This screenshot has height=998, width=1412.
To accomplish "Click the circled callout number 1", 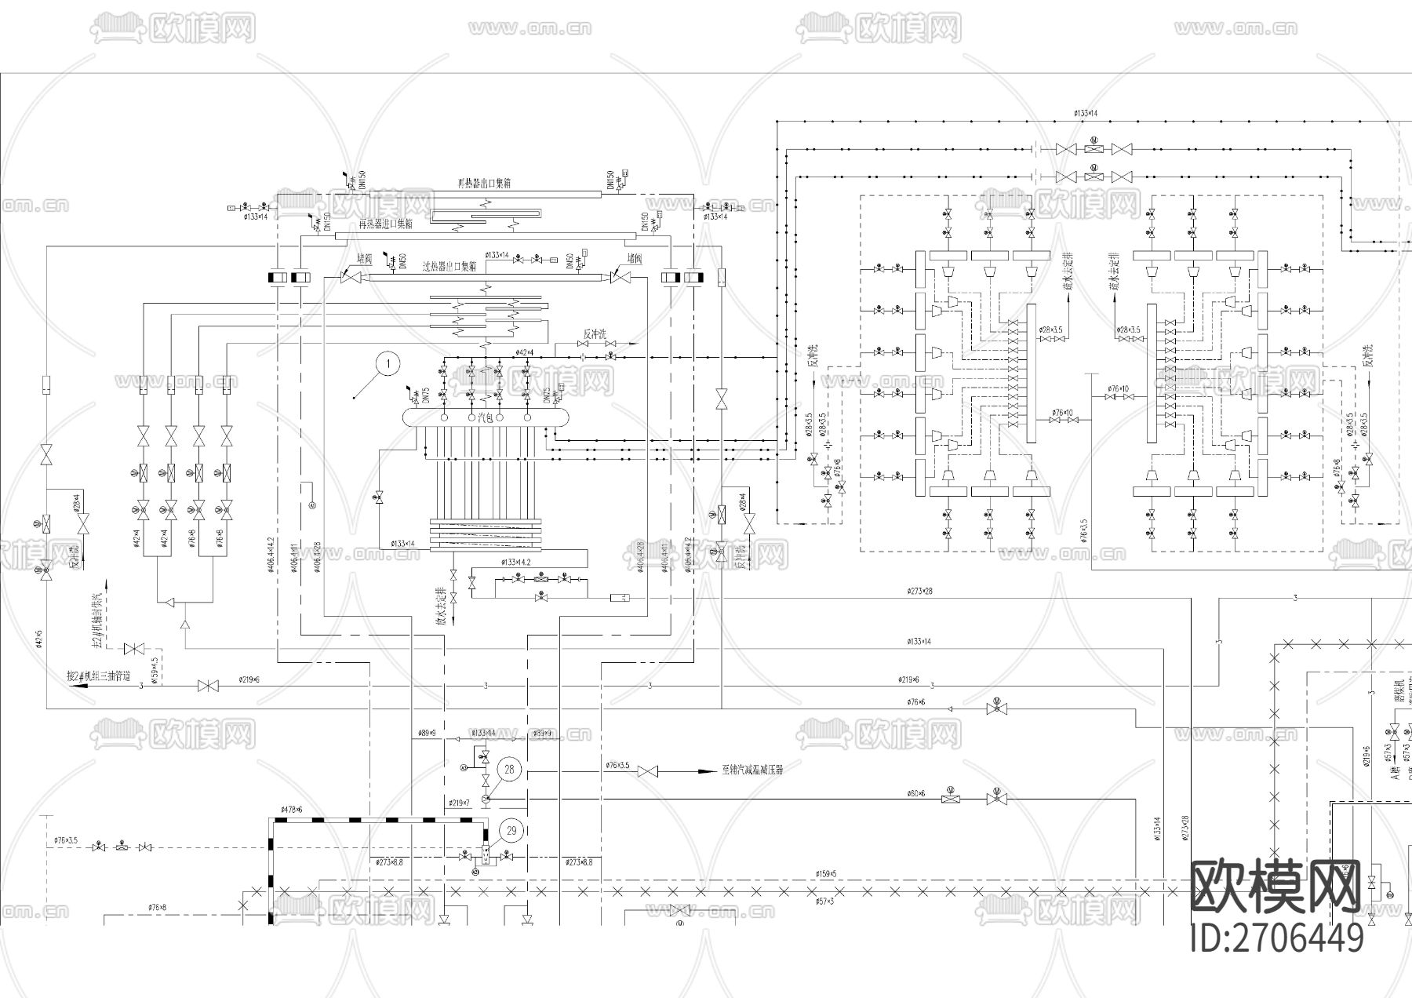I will click(x=387, y=363).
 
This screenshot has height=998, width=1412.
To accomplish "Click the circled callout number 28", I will click(x=509, y=769).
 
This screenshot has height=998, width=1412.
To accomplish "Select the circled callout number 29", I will click(x=511, y=830).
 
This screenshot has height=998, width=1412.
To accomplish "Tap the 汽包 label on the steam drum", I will click(x=486, y=418).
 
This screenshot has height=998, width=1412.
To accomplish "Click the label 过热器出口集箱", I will click(x=449, y=267).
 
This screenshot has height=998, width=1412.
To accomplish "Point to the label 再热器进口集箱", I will click(x=385, y=224).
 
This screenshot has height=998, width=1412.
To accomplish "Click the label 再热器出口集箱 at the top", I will click(x=484, y=183).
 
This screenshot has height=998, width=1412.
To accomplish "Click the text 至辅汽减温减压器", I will click(x=752, y=770).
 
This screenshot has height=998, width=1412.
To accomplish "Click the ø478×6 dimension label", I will click(x=291, y=809).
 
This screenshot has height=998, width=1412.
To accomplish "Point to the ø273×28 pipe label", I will click(x=919, y=591).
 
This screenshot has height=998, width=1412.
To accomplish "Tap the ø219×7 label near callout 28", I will click(x=460, y=803).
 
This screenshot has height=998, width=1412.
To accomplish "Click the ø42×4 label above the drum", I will click(x=524, y=352).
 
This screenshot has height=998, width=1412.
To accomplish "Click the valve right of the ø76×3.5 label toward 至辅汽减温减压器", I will click(x=647, y=772).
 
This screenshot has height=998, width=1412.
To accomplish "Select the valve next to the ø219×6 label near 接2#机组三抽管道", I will click(x=208, y=687).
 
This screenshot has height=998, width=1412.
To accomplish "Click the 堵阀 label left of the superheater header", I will click(x=364, y=257).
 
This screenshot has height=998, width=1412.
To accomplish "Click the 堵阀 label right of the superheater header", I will click(x=635, y=257).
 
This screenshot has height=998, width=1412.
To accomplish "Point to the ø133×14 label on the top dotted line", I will click(x=1086, y=114).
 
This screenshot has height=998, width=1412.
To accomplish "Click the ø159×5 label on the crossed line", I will click(x=826, y=873).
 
